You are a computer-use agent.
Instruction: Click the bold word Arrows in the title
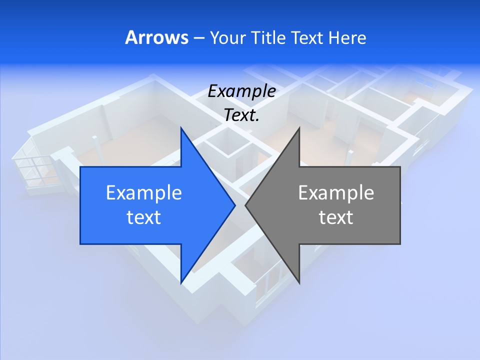coord(156,37)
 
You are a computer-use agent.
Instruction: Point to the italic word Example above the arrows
coord(241,91)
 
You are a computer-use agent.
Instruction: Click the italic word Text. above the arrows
coord(241,115)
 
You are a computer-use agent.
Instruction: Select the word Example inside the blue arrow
coord(143,193)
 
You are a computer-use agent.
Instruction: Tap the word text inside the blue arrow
coord(143,217)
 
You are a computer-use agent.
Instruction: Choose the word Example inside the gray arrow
coord(336,193)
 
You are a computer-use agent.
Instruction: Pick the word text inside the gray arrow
coord(336,217)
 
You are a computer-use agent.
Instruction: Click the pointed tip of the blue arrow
coord(234,205)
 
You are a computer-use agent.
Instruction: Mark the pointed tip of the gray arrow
coord(246,205)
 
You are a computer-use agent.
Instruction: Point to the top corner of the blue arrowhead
coord(181,128)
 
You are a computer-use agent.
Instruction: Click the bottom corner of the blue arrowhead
coord(181,282)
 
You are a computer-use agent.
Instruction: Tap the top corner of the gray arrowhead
coord(299,128)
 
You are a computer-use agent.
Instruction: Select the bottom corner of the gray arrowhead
coord(299,281)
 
